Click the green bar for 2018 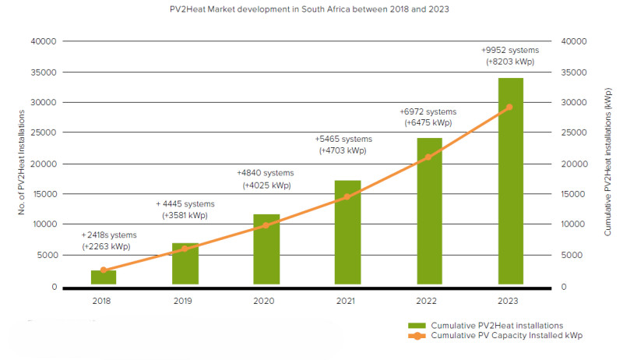[x=104, y=277]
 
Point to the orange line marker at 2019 [x=185, y=249]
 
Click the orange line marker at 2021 [x=347, y=196]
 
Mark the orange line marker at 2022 [x=428, y=157]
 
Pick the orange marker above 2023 [x=509, y=108]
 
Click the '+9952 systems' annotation [x=510, y=50]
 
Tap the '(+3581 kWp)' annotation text [x=185, y=215]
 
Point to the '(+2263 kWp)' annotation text [x=106, y=246]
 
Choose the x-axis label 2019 [x=185, y=300]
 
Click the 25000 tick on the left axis [x=45, y=132]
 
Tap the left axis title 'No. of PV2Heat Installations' [x=23, y=164]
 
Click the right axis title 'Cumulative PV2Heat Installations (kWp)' [x=607, y=164]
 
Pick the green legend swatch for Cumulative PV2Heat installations [x=417, y=325]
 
